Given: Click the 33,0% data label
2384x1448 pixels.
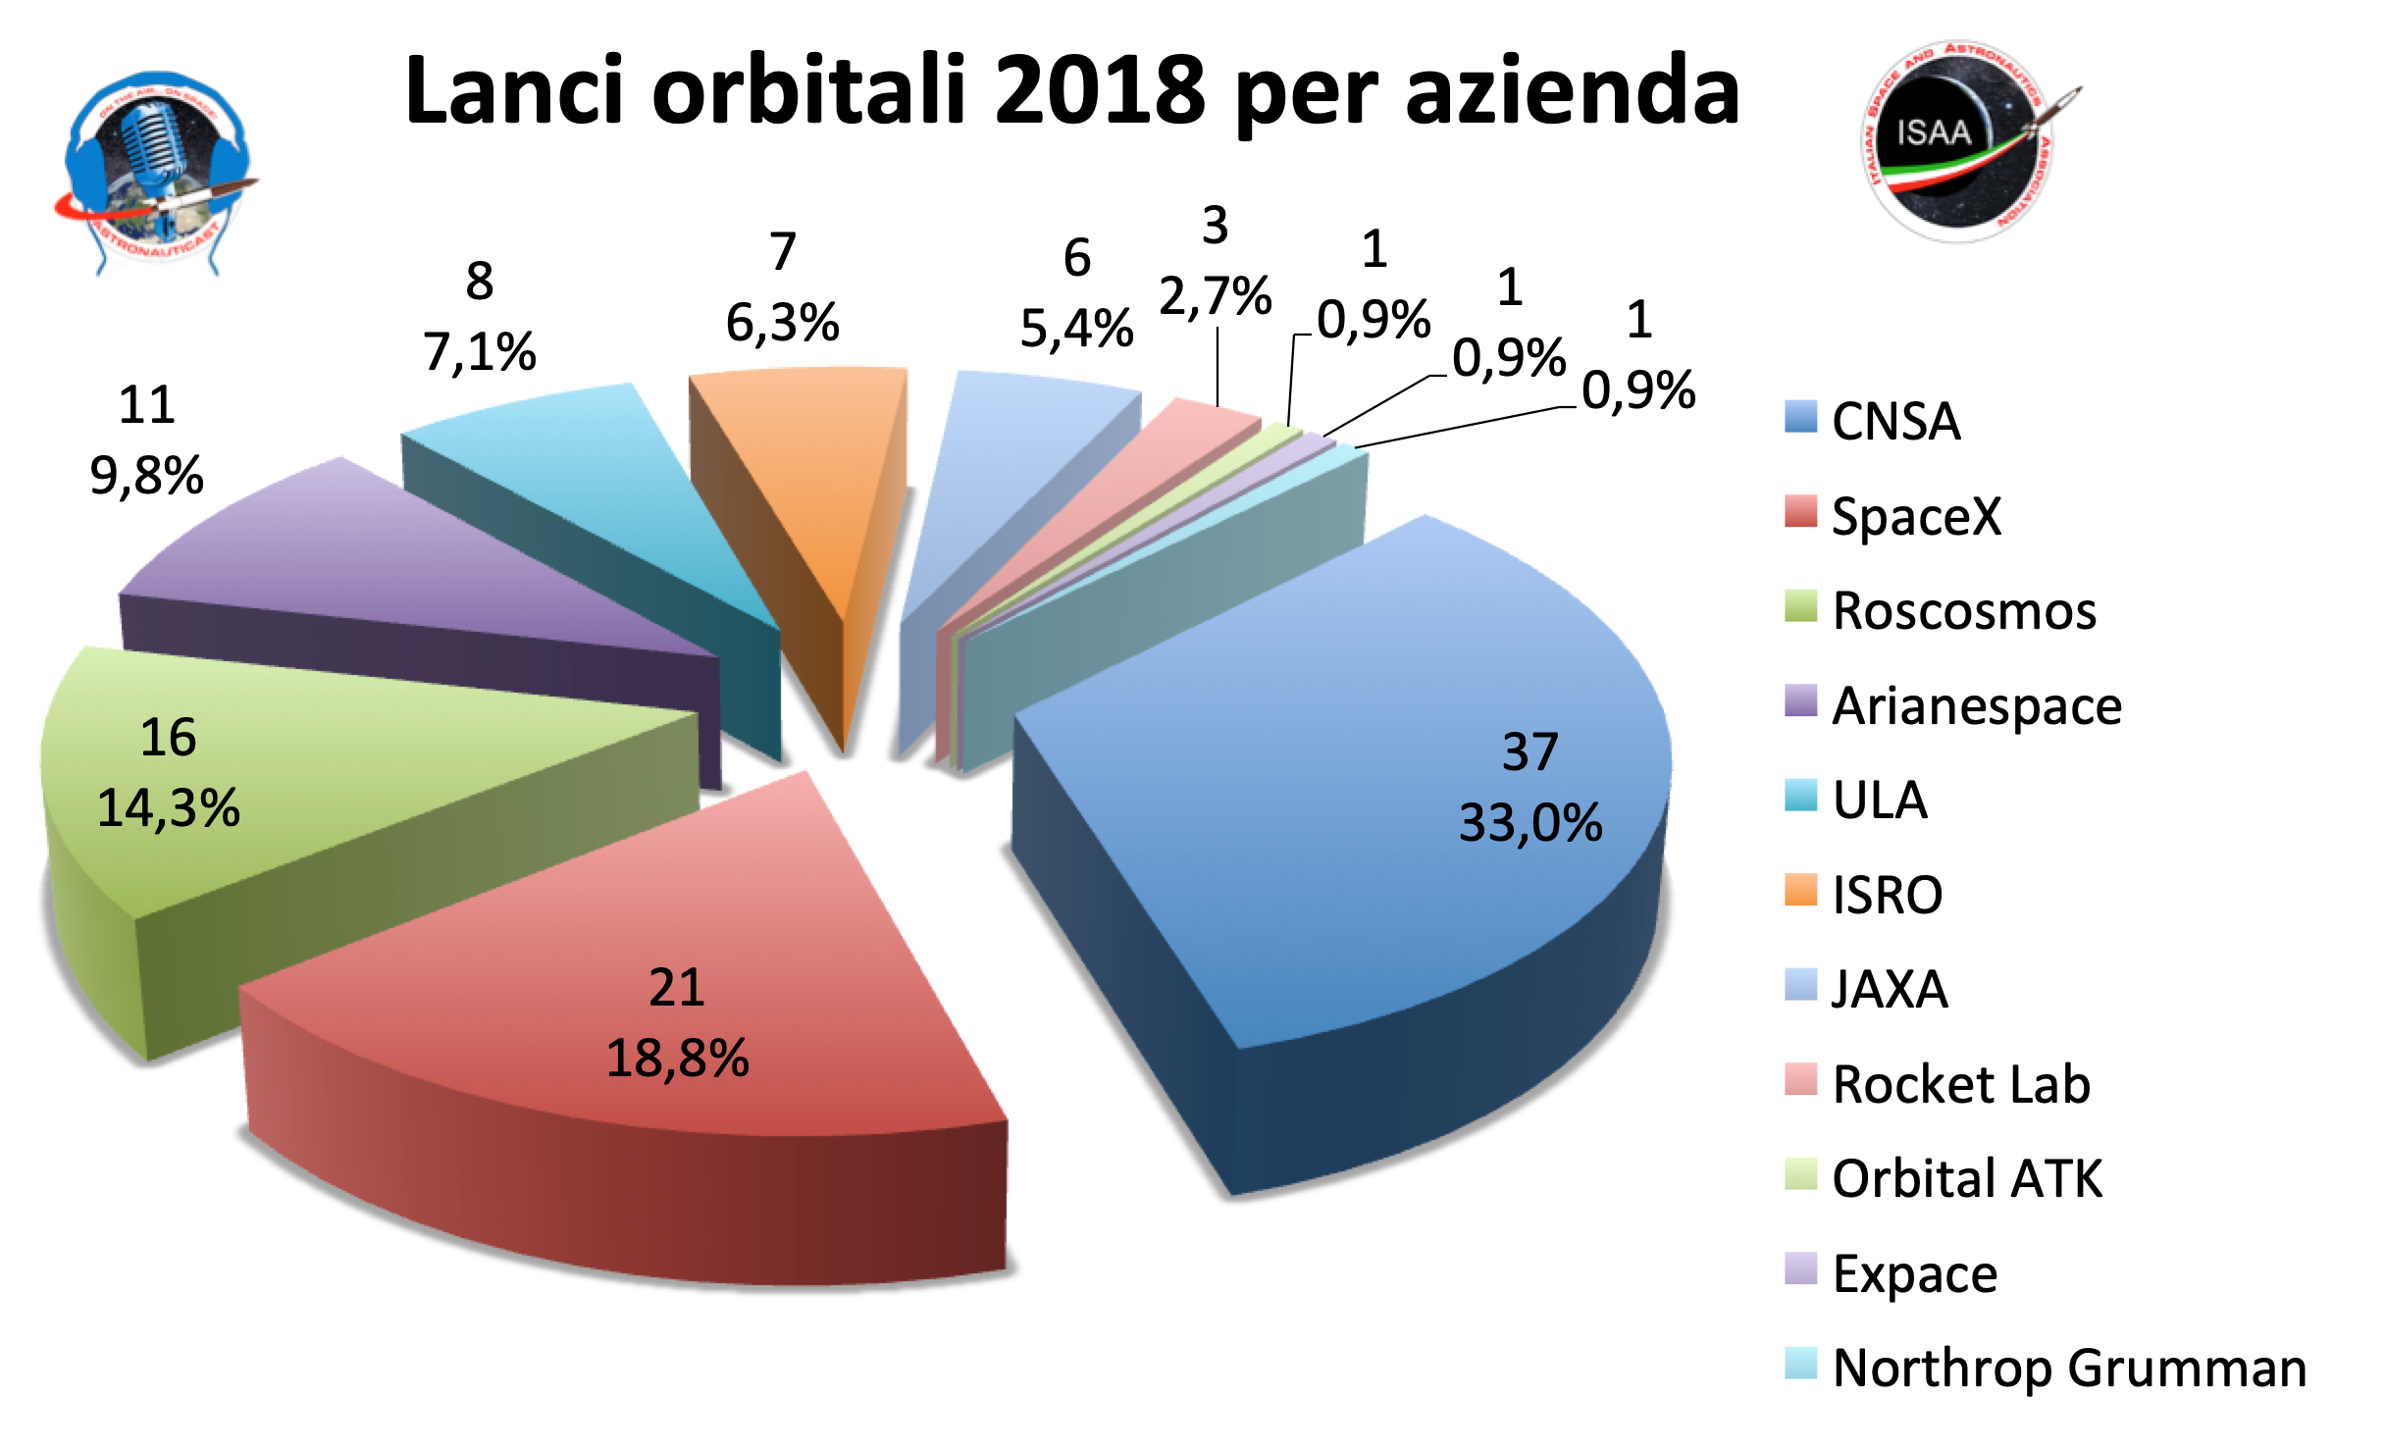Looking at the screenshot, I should tap(1529, 823).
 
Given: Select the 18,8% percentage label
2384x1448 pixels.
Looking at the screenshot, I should tap(677, 1059).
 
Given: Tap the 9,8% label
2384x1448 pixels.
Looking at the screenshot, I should tap(146, 476).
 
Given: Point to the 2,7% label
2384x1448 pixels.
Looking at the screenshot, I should tap(1215, 295).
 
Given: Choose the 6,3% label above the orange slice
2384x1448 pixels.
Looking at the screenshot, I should tap(782, 322).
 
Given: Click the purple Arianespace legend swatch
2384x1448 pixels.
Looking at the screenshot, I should tap(1800, 700).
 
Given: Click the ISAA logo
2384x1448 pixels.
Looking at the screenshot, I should tap(1957, 142).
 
